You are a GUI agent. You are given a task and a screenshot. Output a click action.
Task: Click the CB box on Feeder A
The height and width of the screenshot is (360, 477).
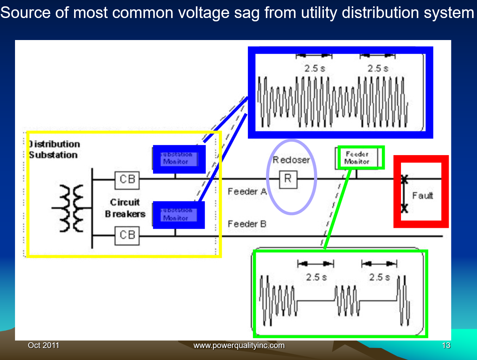coord(127,179)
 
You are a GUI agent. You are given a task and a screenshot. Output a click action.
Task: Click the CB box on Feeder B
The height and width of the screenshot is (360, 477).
coord(127,235)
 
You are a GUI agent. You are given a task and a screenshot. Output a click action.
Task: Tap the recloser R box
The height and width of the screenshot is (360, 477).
coord(288,179)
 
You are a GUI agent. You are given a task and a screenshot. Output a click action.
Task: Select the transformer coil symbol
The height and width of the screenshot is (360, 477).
coord(71,208)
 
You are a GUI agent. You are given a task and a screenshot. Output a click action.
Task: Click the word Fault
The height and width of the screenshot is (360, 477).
coord(423,196)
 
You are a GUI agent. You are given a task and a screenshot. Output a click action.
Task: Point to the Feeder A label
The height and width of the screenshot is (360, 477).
coord(247,192)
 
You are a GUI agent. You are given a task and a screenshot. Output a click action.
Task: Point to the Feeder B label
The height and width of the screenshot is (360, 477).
coord(247,224)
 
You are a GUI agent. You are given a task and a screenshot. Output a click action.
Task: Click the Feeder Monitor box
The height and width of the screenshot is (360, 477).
coord(357,158)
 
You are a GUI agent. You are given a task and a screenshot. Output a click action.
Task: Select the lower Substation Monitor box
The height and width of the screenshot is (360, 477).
coord(178,215)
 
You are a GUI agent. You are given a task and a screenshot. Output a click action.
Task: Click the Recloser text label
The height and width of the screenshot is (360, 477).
coord(291,160)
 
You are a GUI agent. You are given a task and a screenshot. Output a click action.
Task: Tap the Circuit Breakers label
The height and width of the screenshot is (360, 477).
coord(125,208)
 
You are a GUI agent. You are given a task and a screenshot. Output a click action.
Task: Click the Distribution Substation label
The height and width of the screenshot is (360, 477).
coord(54,149)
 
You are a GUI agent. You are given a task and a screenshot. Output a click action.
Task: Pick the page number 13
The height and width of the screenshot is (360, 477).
coord(446,345)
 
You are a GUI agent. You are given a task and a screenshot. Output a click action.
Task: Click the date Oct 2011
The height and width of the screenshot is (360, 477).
coord(43,345)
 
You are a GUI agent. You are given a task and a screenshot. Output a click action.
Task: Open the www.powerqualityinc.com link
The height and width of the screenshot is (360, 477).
coord(239,345)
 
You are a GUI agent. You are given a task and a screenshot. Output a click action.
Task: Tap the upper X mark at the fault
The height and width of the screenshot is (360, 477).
coord(404,179)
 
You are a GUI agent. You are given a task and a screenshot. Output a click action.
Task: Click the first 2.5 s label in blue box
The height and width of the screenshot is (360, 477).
coord(314,68)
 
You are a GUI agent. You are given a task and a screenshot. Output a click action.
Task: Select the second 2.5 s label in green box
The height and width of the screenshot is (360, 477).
coord(379,277)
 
